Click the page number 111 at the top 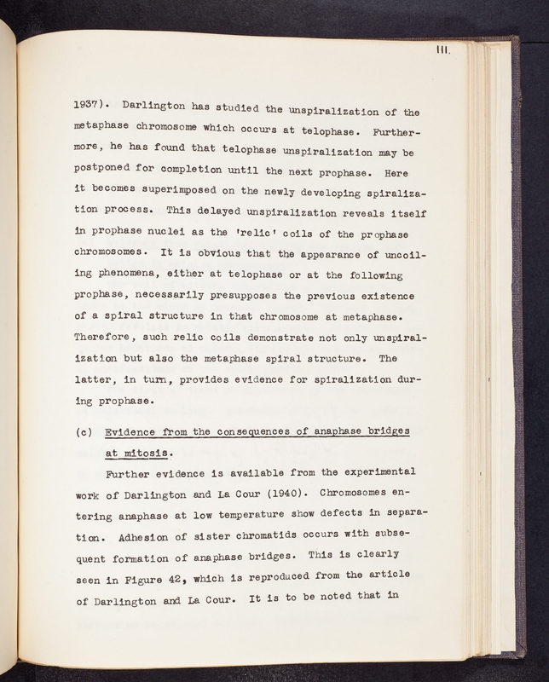(x=442, y=51)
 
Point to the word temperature (x=257, y=514)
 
